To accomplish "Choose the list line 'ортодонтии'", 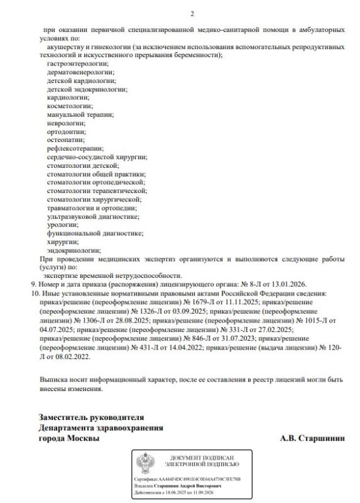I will click(65, 131).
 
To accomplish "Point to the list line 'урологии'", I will click(62, 224).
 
